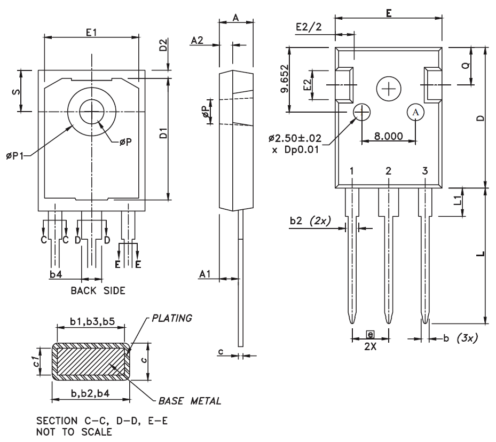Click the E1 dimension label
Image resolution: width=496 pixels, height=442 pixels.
pos(91,33)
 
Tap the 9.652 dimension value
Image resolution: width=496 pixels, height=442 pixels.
pos(285,79)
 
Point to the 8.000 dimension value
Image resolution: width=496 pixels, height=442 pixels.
pos(389,136)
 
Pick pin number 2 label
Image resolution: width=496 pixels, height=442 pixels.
pos(388,171)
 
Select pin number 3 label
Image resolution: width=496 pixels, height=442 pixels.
pos(425,171)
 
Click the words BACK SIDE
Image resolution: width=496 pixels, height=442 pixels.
pos(98,291)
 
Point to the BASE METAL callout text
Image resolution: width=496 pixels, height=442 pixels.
pos(189,400)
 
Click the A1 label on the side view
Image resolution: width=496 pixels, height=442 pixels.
pos(206,273)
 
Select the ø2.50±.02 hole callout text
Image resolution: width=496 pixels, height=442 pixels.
pos(294,139)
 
